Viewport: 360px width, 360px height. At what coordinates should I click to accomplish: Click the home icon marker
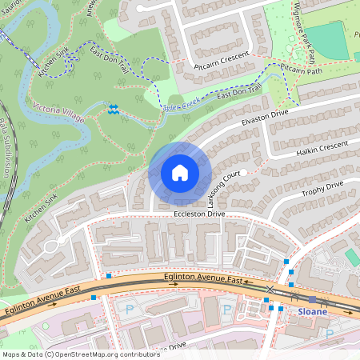click(180, 173)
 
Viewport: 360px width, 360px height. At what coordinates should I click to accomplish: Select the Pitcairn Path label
click(302, 70)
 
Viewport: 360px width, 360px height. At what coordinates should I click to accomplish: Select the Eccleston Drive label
click(198, 214)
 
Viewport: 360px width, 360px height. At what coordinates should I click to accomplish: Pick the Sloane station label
click(313, 310)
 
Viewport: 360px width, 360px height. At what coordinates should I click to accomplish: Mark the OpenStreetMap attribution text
click(81, 354)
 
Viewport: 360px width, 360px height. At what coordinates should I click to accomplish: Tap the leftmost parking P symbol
click(130, 308)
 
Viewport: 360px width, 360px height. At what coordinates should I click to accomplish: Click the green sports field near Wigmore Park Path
click(327, 40)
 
